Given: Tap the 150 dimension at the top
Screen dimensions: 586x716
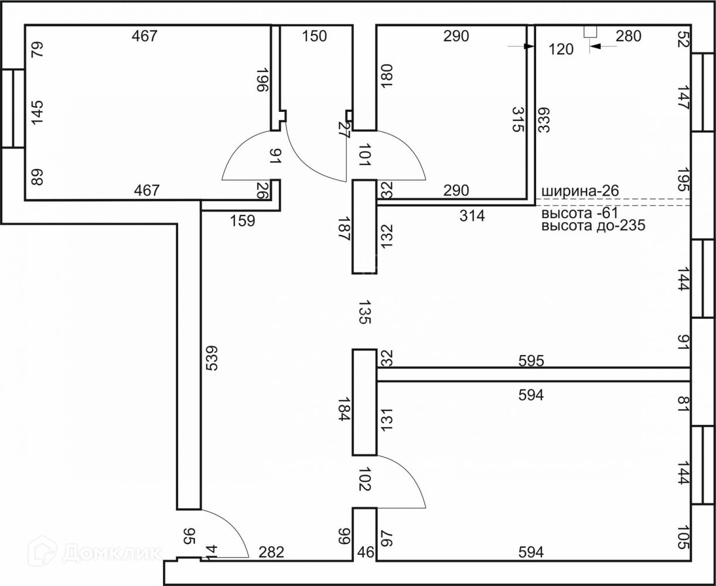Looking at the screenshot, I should [x=314, y=36].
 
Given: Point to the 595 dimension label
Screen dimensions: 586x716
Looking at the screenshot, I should [x=531, y=361].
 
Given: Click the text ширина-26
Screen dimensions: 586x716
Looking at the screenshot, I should [x=580, y=191].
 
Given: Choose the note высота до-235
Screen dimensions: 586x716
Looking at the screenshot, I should [x=593, y=226].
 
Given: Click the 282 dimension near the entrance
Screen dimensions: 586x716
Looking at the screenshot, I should [x=271, y=552].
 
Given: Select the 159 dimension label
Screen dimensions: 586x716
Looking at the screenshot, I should [x=243, y=221].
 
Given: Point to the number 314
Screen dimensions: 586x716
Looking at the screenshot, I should [x=472, y=216].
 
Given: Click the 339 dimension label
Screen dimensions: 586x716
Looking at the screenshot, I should [x=543, y=120].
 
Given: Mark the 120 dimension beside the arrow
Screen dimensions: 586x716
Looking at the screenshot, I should [x=561, y=50].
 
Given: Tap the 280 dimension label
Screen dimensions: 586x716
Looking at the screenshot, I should [x=629, y=36].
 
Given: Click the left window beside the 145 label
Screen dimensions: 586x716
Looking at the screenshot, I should [x=12, y=108].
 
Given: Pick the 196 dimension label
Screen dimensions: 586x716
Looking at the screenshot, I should [x=262, y=80].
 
